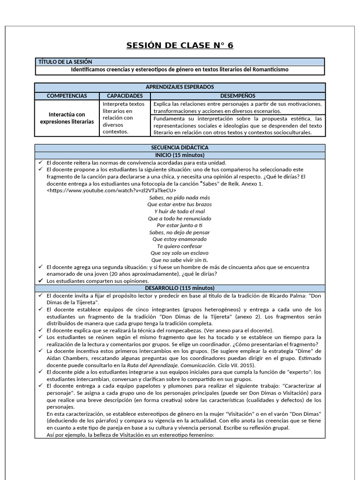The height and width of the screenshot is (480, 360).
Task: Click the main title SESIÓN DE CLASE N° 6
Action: (x=180, y=45)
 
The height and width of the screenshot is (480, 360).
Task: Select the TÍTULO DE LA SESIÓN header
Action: (x=66, y=62)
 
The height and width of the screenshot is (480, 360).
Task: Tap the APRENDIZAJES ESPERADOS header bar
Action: (x=180, y=87)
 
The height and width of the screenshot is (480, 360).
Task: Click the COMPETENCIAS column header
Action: (x=67, y=96)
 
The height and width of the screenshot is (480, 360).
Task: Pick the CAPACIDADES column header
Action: (x=125, y=96)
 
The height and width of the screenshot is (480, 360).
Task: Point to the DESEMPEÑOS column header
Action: (x=237, y=96)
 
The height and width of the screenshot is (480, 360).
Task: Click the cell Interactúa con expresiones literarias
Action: (x=67, y=118)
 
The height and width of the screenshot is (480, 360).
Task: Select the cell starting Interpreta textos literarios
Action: (x=124, y=118)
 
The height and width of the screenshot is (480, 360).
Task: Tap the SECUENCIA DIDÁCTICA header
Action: (x=180, y=148)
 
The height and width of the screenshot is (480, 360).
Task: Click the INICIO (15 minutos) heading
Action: (x=180, y=155)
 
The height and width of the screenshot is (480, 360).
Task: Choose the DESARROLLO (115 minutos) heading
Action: (x=180, y=288)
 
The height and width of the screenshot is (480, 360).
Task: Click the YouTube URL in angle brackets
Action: (x=112, y=191)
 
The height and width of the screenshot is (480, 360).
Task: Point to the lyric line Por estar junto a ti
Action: (x=180, y=225)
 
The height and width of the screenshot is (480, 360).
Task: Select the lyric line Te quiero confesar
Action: (x=180, y=246)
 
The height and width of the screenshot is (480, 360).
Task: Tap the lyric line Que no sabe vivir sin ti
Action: (x=180, y=260)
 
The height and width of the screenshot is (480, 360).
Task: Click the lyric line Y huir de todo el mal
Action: (x=180, y=211)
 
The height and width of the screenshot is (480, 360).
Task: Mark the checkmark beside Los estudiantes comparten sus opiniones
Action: (x=41, y=281)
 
